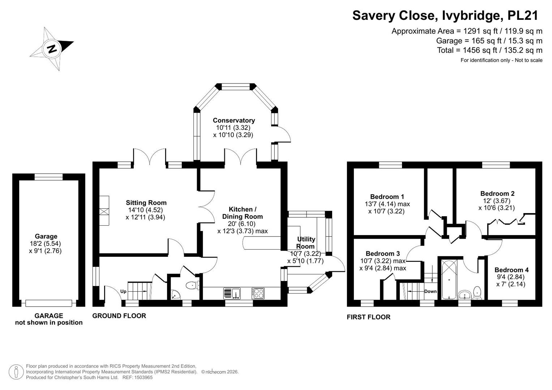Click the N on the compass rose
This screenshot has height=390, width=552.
tap(52, 49)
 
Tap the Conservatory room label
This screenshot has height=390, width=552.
tap(234, 120)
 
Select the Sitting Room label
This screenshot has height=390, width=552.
tap(146, 203)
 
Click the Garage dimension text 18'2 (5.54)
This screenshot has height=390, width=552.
tap(45, 243)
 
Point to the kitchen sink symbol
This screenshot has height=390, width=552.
tap(232, 294)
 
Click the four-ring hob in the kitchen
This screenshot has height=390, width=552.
tap(258, 294)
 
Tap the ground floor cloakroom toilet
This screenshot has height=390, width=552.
tap(192, 285)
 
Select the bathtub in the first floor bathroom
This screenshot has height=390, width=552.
tap(449, 279)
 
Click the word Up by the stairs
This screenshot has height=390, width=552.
tap(123, 291)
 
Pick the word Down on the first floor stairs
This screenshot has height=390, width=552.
tap(430, 291)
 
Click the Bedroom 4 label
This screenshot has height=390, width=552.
tap(512, 270)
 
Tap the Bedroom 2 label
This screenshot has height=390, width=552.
tap(497, 194)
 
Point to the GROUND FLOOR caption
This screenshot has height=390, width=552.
tap(119, 316)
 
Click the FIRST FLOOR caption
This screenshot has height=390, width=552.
tap(368, 317)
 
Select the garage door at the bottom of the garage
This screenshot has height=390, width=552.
tap(49, 303)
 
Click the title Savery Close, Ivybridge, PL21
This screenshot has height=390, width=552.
tap(445, 16)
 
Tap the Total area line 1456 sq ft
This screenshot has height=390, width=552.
tap(490, 50)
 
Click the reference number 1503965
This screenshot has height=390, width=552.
tap(144, 377)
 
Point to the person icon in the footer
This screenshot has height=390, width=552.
tap(16, 372)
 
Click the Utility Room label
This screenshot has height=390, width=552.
tap(305, 243)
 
